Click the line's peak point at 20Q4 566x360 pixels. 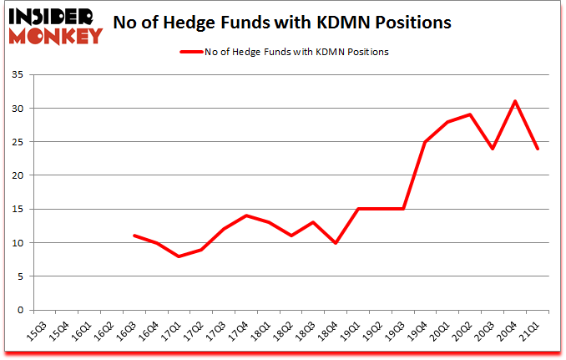click(x=516, y=101)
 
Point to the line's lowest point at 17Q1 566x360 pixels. click(x=179, y=256)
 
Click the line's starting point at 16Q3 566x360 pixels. click(x=134, y=236)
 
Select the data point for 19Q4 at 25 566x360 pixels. click(x=426, y=141)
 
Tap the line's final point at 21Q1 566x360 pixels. click(x=538, y=149)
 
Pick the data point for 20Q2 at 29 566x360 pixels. click(x=471, y=114)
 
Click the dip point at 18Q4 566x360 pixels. click(x=336, y=242)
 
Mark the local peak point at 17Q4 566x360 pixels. click(x=245, y=215)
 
